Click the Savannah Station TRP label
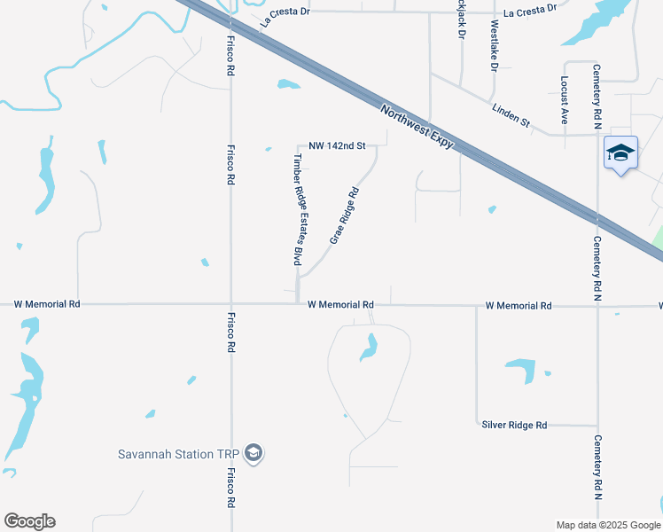(x=179, y=455)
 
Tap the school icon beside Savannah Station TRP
(x=254, y=454)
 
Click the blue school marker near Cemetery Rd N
(x=620, y=153)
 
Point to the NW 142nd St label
(x=337, y=145)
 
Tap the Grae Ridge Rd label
(x=344, y=215)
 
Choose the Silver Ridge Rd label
(x=514, y=426)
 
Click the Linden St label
(x=511, y=113)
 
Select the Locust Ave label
(x=564, y=99)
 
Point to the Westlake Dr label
(x=494, y=43)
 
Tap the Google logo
(x=29, y=521)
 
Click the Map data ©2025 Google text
(x=608, y=525)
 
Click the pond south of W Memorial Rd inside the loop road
(x=368, y=348)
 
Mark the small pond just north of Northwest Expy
(x=288, y=85)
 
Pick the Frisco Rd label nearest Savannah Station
(x=230, y=488)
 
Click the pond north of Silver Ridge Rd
(x=521, y=370)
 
